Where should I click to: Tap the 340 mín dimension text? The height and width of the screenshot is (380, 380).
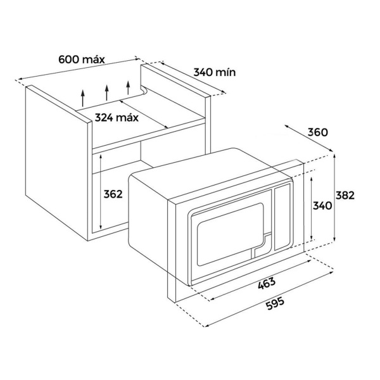(214, 72)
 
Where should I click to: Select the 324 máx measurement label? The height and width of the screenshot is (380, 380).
(117, 117)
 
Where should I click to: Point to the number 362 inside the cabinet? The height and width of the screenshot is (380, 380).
(113, 194)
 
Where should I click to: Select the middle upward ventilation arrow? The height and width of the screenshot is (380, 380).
(107, 92)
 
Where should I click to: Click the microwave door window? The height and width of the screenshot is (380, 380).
(229, 232)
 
